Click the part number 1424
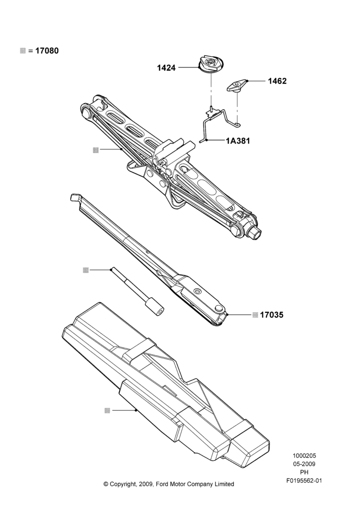(166, 68)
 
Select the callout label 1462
(277, 81)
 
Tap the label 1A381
(238, 141)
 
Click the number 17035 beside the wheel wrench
(272, 315)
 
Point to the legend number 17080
(47, 51)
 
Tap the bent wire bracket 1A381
(218, 124)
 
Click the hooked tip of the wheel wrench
(75, 197)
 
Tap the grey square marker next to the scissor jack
(96, 150)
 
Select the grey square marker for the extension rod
(86, 270)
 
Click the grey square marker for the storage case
(107, 410)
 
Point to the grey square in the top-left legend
(23, 51)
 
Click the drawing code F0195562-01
(304, 481)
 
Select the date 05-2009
(304, 464)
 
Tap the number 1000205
(304, 456)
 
